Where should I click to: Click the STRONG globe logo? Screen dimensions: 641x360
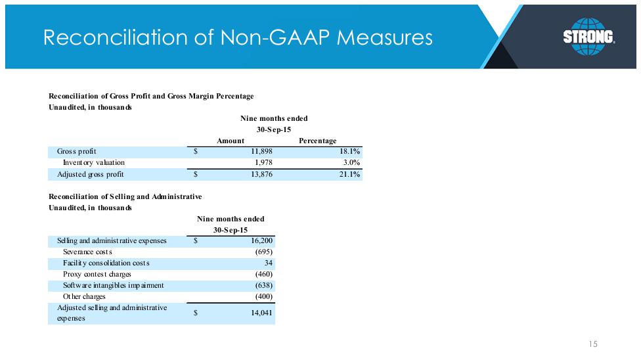coord(588,36)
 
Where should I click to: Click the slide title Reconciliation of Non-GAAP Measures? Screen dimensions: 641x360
coord(238,37)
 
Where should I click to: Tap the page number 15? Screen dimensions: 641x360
coord(593,344)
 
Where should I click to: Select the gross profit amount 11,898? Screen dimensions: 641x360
coord(261,151)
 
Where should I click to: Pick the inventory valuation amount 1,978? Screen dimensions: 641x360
coord(263,162)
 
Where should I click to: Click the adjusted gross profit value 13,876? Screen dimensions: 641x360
coord(261,174)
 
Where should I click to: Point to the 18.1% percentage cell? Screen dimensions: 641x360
coord(349,151)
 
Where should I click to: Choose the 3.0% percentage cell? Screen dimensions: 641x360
coord(351,162)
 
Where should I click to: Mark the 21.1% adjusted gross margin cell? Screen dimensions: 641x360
coord(349,174)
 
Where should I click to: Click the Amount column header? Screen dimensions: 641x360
coord(231,141)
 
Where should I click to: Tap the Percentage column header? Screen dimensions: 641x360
coord(318,141)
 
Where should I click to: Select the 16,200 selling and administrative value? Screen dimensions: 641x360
coord(261,240)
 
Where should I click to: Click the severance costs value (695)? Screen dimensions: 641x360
coord(263,252)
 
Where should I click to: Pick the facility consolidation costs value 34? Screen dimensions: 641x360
coord(268,263)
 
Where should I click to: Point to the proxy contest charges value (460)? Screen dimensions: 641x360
coord(263,274)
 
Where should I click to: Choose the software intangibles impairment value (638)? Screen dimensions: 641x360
coord(263,286)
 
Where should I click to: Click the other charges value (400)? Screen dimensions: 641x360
coord(263,296)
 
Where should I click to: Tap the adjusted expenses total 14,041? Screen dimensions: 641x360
coord(261,313)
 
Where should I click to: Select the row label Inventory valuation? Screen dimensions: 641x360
coord(94,162)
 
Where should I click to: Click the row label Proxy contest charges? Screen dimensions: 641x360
coord(97,274)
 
